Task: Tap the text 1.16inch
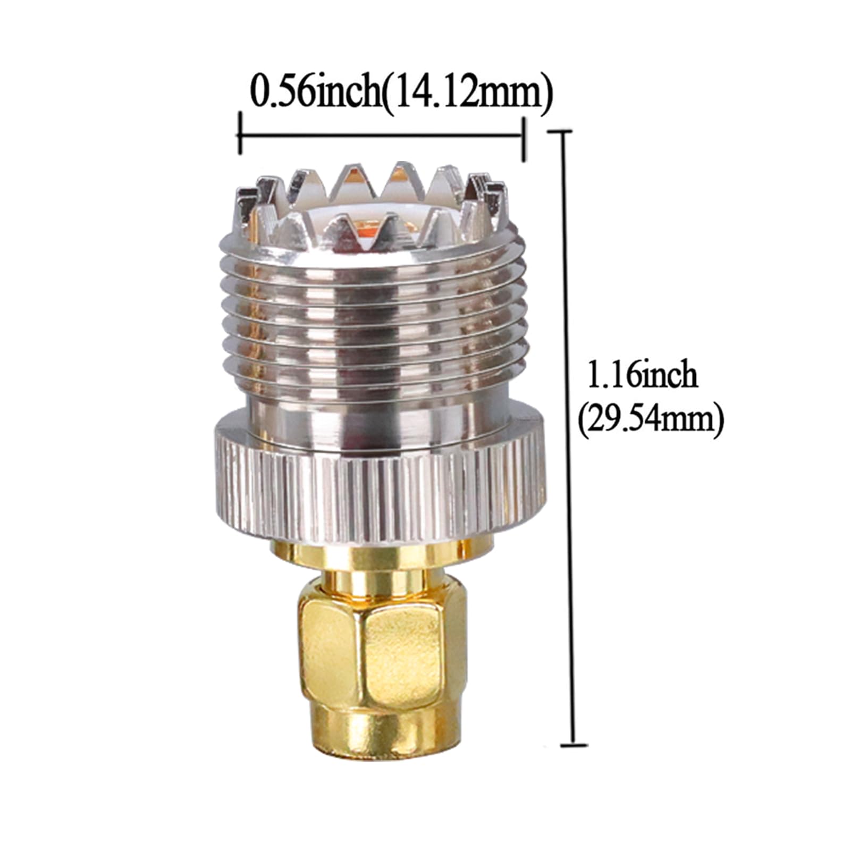[641, 375]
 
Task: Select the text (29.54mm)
[651, 419]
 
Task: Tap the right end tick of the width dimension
[525, 139]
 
